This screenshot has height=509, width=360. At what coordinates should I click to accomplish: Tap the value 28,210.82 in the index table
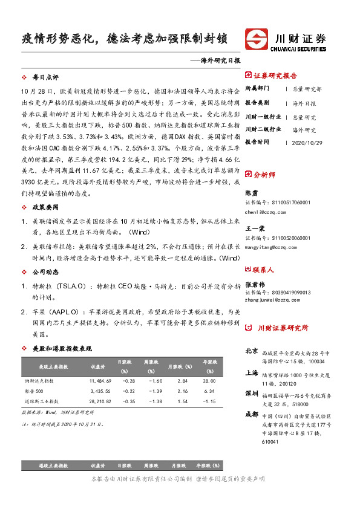(100, 401)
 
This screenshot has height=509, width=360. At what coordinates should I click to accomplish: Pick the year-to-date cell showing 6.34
(209, 391)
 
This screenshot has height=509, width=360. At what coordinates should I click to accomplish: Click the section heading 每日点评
(45, 78)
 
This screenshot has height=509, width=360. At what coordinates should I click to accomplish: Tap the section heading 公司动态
(45, 272)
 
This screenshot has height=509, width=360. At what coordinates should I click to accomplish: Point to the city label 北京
(252, 351)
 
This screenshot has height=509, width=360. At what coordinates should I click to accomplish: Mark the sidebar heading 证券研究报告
(275, 76)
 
